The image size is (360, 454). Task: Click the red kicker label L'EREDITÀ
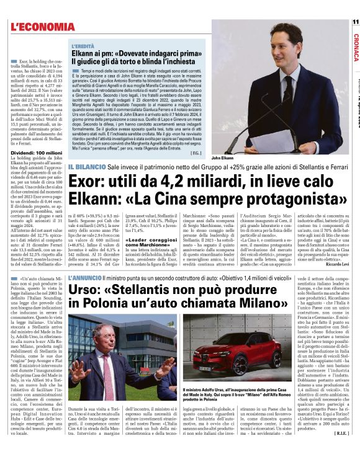click(x=83, y=47)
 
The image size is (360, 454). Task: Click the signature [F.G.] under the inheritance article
click(x=196, y=151)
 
